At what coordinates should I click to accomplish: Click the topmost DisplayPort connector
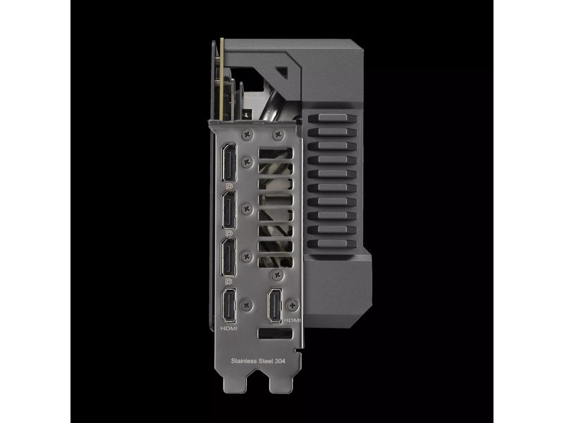point(229,164)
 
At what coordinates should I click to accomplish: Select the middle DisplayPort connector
point(229,210)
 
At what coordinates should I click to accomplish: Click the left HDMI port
point(229,307)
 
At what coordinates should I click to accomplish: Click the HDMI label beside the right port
point(291,319)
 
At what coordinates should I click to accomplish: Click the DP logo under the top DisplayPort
point(229,185)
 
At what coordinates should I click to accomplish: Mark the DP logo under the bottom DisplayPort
point(229,280)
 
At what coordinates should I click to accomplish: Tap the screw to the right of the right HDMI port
point(293,303)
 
